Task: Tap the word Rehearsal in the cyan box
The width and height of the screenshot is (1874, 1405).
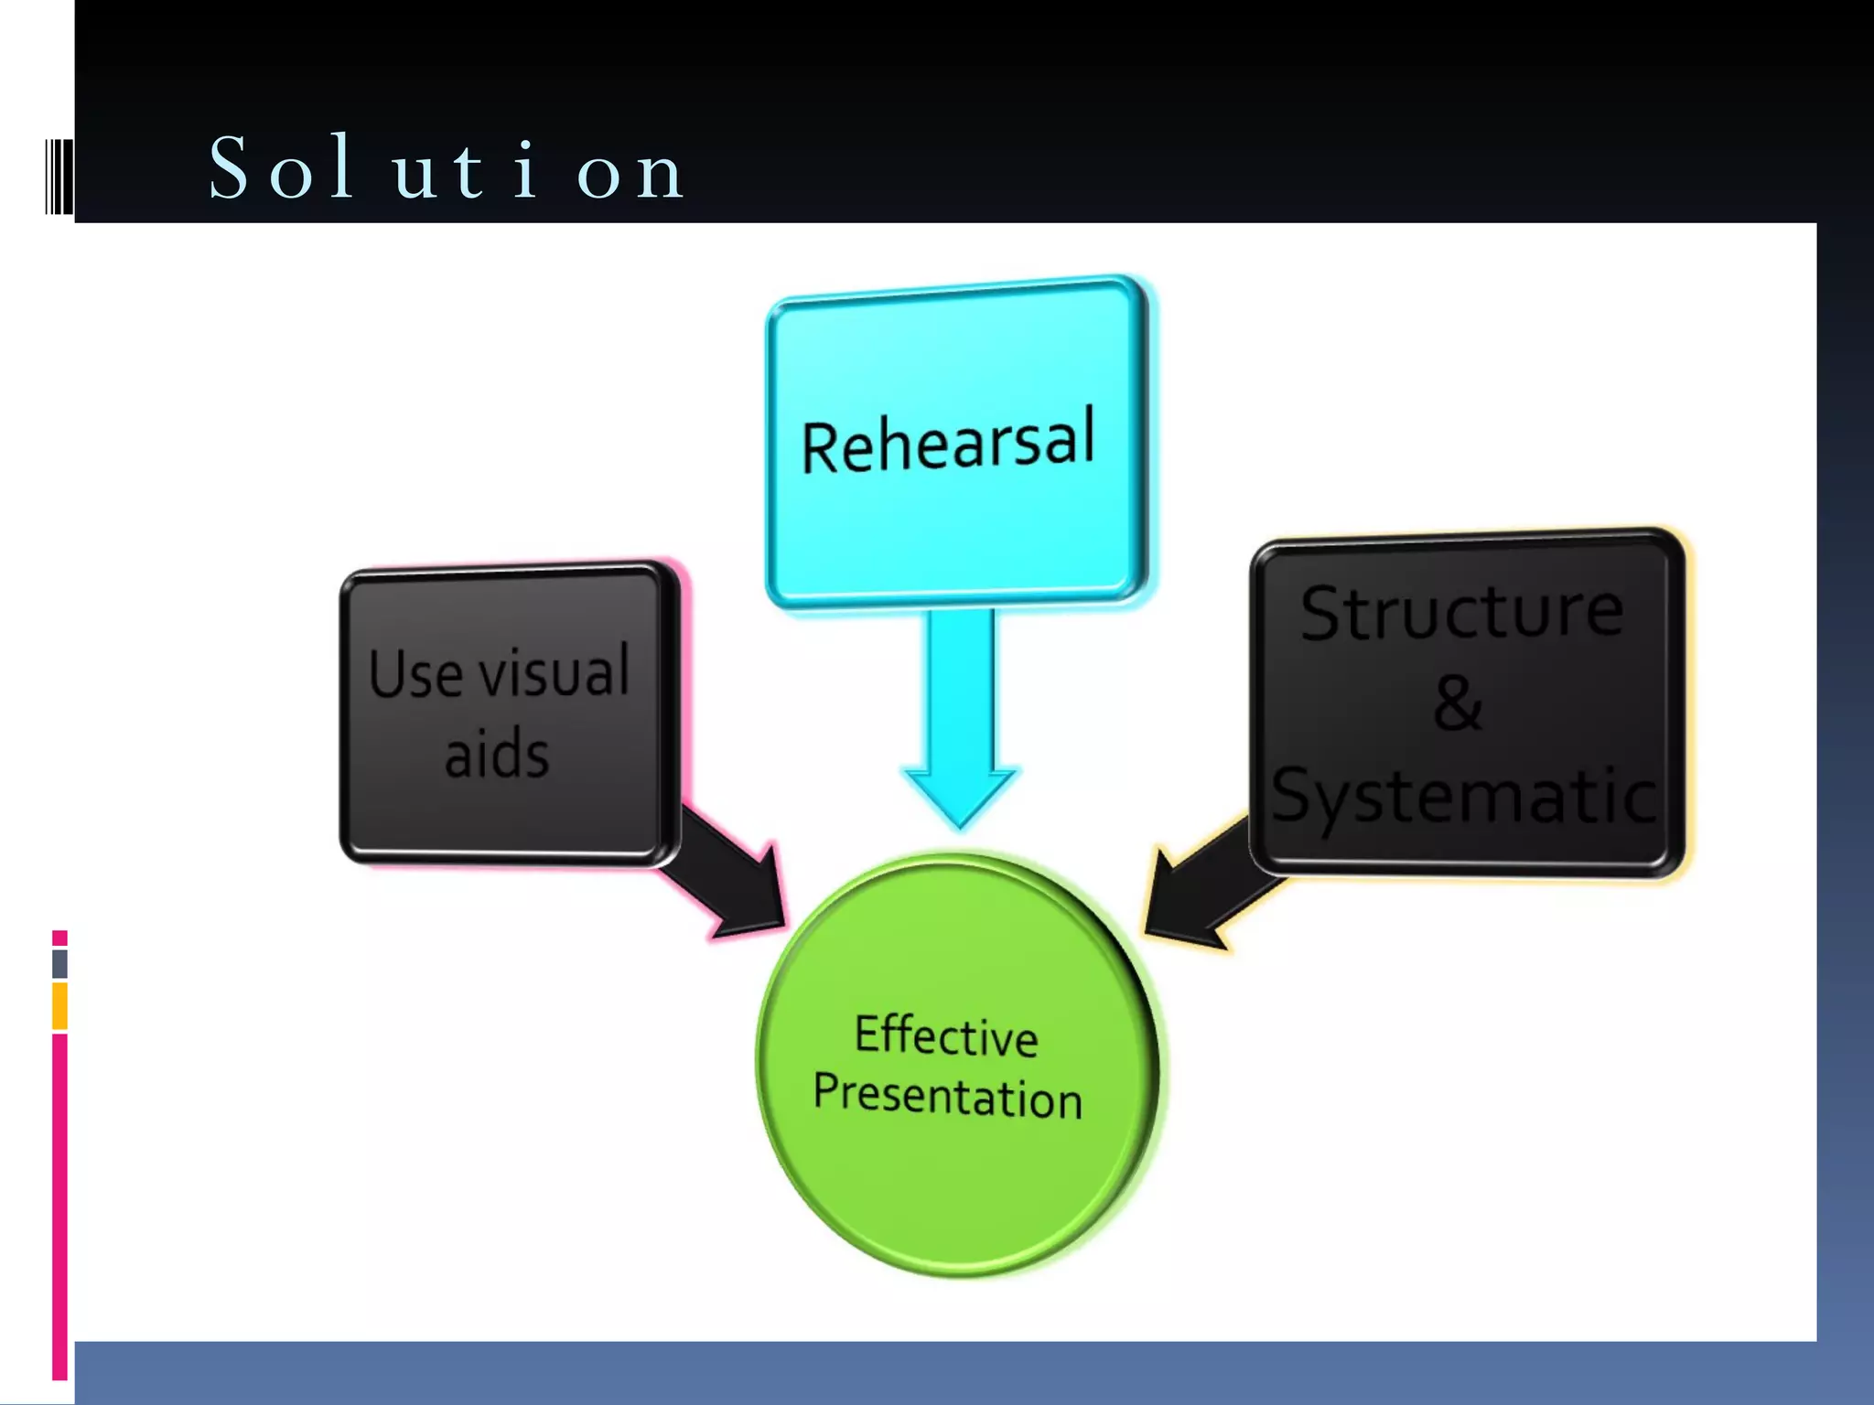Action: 948,443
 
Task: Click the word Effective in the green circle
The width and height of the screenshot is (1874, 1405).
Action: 946,1036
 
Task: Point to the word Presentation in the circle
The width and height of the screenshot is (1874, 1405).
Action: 948,1096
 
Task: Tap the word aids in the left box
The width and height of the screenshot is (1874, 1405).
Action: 497,754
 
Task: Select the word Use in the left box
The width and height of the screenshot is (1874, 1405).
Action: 415,675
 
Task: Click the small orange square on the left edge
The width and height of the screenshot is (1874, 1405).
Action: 59,1006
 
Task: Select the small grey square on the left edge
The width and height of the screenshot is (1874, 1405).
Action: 59,963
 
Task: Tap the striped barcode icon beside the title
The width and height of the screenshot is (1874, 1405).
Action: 59,176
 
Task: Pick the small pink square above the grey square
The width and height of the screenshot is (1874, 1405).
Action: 59,938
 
